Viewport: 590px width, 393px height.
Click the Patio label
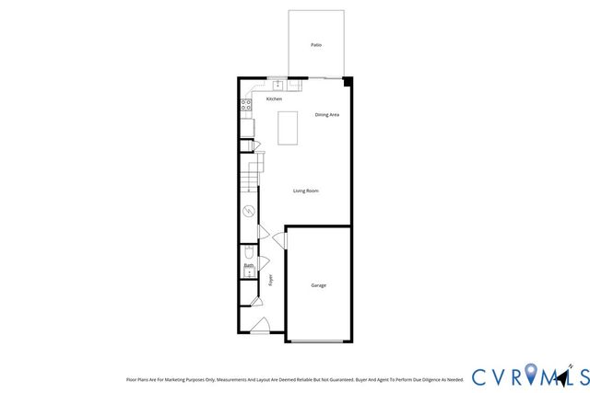click(x=316, y=44)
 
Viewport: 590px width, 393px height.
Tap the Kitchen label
click(x=274, y=98)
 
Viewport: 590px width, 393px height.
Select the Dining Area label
click(x=327, y=115)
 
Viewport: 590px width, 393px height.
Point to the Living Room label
click(x=306, y=191)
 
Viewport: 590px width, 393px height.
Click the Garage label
click(x=317, y=285)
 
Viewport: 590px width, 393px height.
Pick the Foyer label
click(x=271, y=279)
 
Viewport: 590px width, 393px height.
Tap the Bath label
click(x=249, y=266)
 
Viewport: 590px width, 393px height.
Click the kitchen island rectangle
click(x=289, y=127)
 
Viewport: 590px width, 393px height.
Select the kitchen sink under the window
click(x=276, y=86)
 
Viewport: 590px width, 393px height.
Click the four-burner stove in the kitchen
click(x=246, y=106)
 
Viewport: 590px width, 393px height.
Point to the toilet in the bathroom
click(x=248, y=254)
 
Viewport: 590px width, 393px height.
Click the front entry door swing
click(x=261, y=325)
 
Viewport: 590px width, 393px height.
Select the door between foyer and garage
click(x=280, y=240)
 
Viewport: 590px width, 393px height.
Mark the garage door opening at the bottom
click(x=318, y=341)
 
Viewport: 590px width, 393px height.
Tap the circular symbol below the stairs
click(x=248, y=213)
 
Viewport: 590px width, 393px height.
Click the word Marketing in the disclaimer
click(x=184, y=378)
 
